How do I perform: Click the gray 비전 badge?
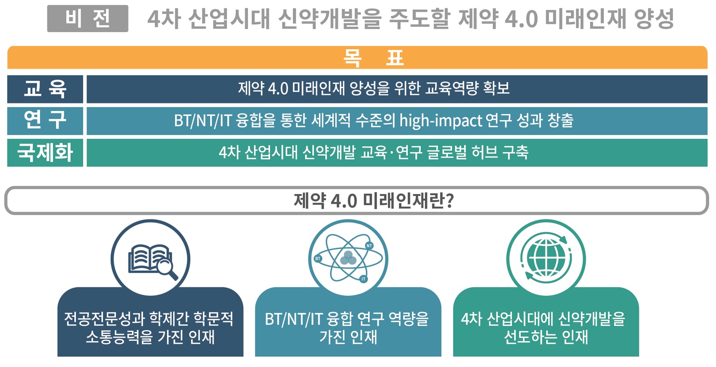click(x=88, y=19)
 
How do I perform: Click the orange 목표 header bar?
click(x=357, y=57)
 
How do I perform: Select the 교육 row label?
click(x=45, y=89)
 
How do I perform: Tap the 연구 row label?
click(x=45, y=121)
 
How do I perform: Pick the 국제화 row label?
click(x=45, y=152)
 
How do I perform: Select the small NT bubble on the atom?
click(x=369, y=246)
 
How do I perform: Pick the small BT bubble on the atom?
click(x=318, y=259)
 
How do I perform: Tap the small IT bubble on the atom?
click(x=363, y=279)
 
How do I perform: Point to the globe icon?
click(x=546, y=259)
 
